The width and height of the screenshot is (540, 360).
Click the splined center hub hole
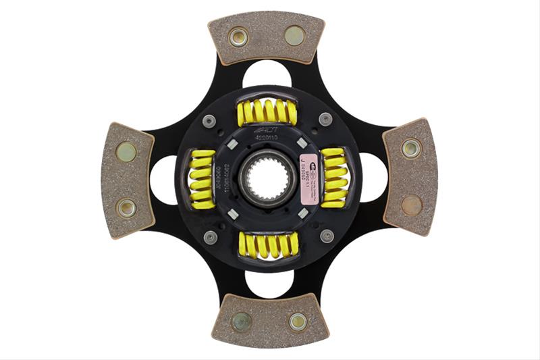pyautogui.click(x=268, y=178)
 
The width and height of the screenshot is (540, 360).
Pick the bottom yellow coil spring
pyautogui.click(x=268, y=245)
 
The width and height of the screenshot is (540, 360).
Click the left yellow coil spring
pyautogui.click(x=202, y=179)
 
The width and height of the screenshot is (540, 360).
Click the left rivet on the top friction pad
pyautogui.click(x=238, y=36)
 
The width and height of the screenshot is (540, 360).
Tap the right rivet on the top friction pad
pyautogui.click(x=294, y=35)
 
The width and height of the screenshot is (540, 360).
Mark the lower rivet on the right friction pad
pyautogui.click(x=411, y=205)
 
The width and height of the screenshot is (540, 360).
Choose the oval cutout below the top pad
pyautogui.click(x=266, y=73)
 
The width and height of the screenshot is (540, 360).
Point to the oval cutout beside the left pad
pyautogui.click(x=163, y=180)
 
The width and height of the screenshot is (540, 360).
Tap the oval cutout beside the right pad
pyautogui.click(x=373, y=177)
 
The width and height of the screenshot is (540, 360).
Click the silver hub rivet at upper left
pyautogui.click(x=209, y=121)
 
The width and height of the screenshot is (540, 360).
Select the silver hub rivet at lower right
pyautogui.click(x=327, y=236)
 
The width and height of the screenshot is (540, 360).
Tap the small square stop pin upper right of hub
pyautogui.click(x=302, y=143)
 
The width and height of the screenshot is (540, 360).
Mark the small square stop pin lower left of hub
pyautogui.click(x=233, y=214)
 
